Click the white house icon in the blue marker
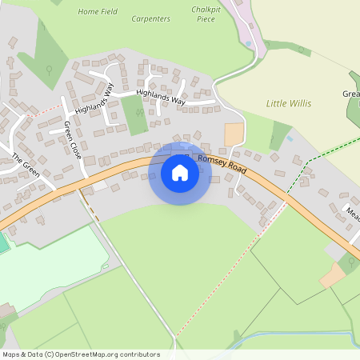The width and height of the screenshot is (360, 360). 179,173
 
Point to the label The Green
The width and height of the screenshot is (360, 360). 25,163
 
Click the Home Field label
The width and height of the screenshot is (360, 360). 98,12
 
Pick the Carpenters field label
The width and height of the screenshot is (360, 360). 150,18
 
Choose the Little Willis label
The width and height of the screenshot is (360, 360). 288,104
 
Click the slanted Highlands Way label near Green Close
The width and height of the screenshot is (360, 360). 95,98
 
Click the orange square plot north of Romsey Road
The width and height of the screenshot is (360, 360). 234,134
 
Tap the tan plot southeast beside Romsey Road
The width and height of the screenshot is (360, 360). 332,276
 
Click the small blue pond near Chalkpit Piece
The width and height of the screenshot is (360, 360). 248,43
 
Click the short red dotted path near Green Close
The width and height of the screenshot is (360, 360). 44,110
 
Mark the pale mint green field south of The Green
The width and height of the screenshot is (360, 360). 56,264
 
